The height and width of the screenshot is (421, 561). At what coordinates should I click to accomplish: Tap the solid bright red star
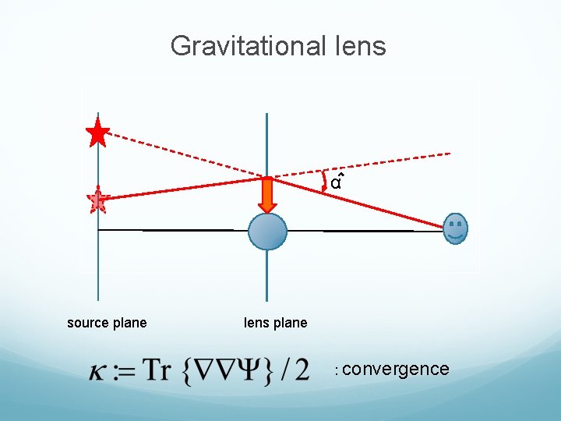click(x=97, y=133)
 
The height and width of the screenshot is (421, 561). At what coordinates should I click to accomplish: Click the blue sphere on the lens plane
click(x=267, y=231)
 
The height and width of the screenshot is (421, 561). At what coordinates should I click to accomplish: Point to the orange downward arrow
click(x=267, y=194)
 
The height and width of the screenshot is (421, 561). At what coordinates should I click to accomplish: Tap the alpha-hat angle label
click(x=336, y=183)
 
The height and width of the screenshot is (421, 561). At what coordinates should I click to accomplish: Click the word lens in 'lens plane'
click(x=256, y=323)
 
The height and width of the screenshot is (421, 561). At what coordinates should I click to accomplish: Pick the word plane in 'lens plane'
click(x=291, y=323)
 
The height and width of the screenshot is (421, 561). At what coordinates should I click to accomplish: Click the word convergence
click(x=396, y=369)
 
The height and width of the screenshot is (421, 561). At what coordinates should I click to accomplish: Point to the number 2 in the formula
click(x=301, y=368)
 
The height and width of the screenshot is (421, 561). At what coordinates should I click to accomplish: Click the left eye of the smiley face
click(x=453, y=225)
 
